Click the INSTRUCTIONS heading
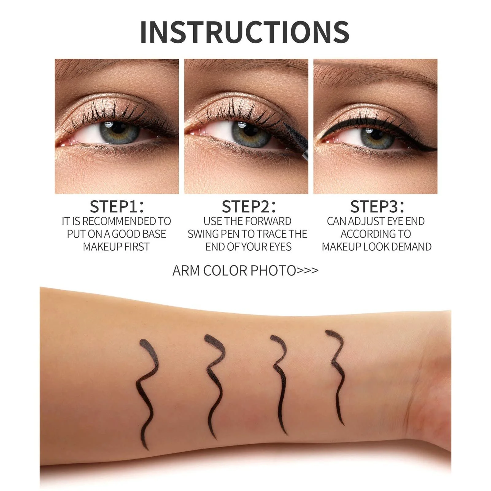point(245,32)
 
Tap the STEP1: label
point(117,207)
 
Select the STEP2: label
point(249,207)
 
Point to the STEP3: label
point(377,207)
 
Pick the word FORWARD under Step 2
point(268,221)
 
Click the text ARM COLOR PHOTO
point(234,271)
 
